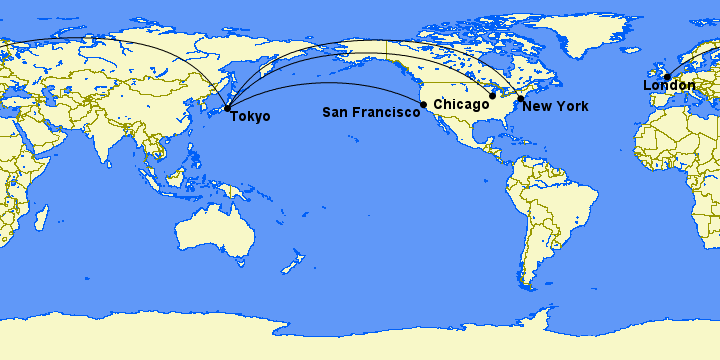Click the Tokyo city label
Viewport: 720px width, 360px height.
[x=250, y=117]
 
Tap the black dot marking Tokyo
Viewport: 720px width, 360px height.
[x=228, y=108]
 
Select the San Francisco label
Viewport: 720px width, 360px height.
[x=370, y=112]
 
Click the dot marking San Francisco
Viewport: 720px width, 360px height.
[x=424, y=104]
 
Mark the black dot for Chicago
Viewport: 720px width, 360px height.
[x=492, y=96]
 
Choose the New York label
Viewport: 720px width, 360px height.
[x=555, y=106]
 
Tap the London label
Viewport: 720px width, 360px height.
[x=668, y=86]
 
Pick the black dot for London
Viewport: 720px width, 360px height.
[x=667, y=76]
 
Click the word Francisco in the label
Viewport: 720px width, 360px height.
[x=386, y=112]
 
